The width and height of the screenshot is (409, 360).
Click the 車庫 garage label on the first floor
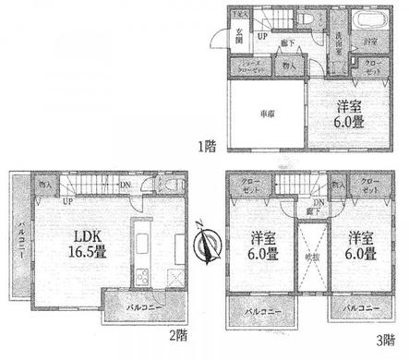[264, 113]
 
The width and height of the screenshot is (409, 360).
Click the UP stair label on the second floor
[68, 200]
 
